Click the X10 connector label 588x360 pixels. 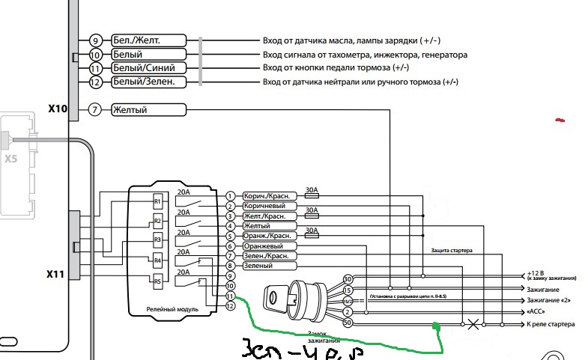(x=58, y=109)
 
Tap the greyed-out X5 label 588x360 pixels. (x=10, y=159)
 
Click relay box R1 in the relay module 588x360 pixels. (x=157, y=202)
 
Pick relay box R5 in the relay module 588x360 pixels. (x=157, y=281)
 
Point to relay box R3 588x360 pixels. (x=157, y=240)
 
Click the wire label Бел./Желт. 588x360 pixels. (x=136, y=40)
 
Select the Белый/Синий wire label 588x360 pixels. (x=142, y=68)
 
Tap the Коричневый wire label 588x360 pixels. (x=264, y=206)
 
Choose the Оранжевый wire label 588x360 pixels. (x=264, y=245)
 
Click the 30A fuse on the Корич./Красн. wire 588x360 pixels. (x=312, y=196)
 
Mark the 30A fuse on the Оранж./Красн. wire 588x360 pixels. (x=312, y=235)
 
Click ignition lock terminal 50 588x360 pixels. (x=347, y=323)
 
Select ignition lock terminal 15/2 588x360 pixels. (x=347, y=300)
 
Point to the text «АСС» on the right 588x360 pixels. (x=536, y=311)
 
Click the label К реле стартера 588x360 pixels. (x=551, y=325)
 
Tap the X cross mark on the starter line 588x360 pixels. (x=473, y=325)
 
